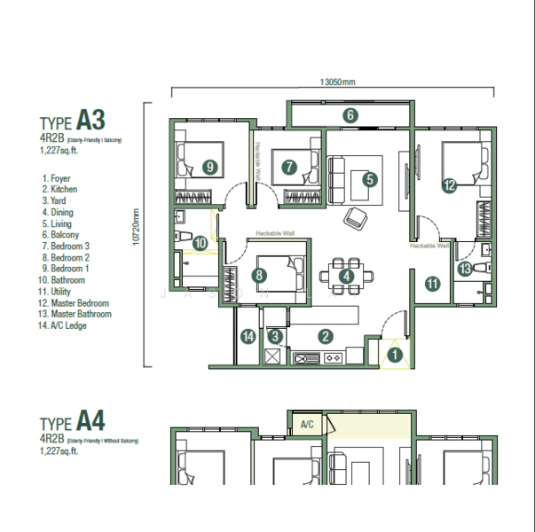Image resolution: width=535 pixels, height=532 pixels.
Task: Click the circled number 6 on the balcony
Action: coord(350,114)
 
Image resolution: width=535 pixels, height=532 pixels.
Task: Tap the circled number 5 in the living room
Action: coord(370,178)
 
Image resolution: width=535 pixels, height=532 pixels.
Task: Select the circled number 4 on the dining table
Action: coord(346,276)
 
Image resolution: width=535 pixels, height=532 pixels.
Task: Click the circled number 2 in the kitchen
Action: coord(326,336)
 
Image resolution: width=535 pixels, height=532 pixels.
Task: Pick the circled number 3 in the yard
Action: coord(276,336)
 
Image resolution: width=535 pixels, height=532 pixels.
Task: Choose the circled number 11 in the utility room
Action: coord(432,284)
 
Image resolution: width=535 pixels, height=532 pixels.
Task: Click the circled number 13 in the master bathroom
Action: coord(465,269)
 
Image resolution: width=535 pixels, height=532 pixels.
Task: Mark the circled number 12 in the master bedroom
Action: coord(450,185)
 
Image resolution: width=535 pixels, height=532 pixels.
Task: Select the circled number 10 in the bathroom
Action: coord(201,242)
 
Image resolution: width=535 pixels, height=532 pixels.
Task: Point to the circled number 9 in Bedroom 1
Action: coord(209,166)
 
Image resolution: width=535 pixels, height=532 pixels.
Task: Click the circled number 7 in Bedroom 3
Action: coord(290,166)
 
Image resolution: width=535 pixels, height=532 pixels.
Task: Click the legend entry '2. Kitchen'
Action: coord(59,190)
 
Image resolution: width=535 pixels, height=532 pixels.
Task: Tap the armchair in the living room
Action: coord(354,216)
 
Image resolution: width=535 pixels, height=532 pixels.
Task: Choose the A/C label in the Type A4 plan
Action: coord(307,424)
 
